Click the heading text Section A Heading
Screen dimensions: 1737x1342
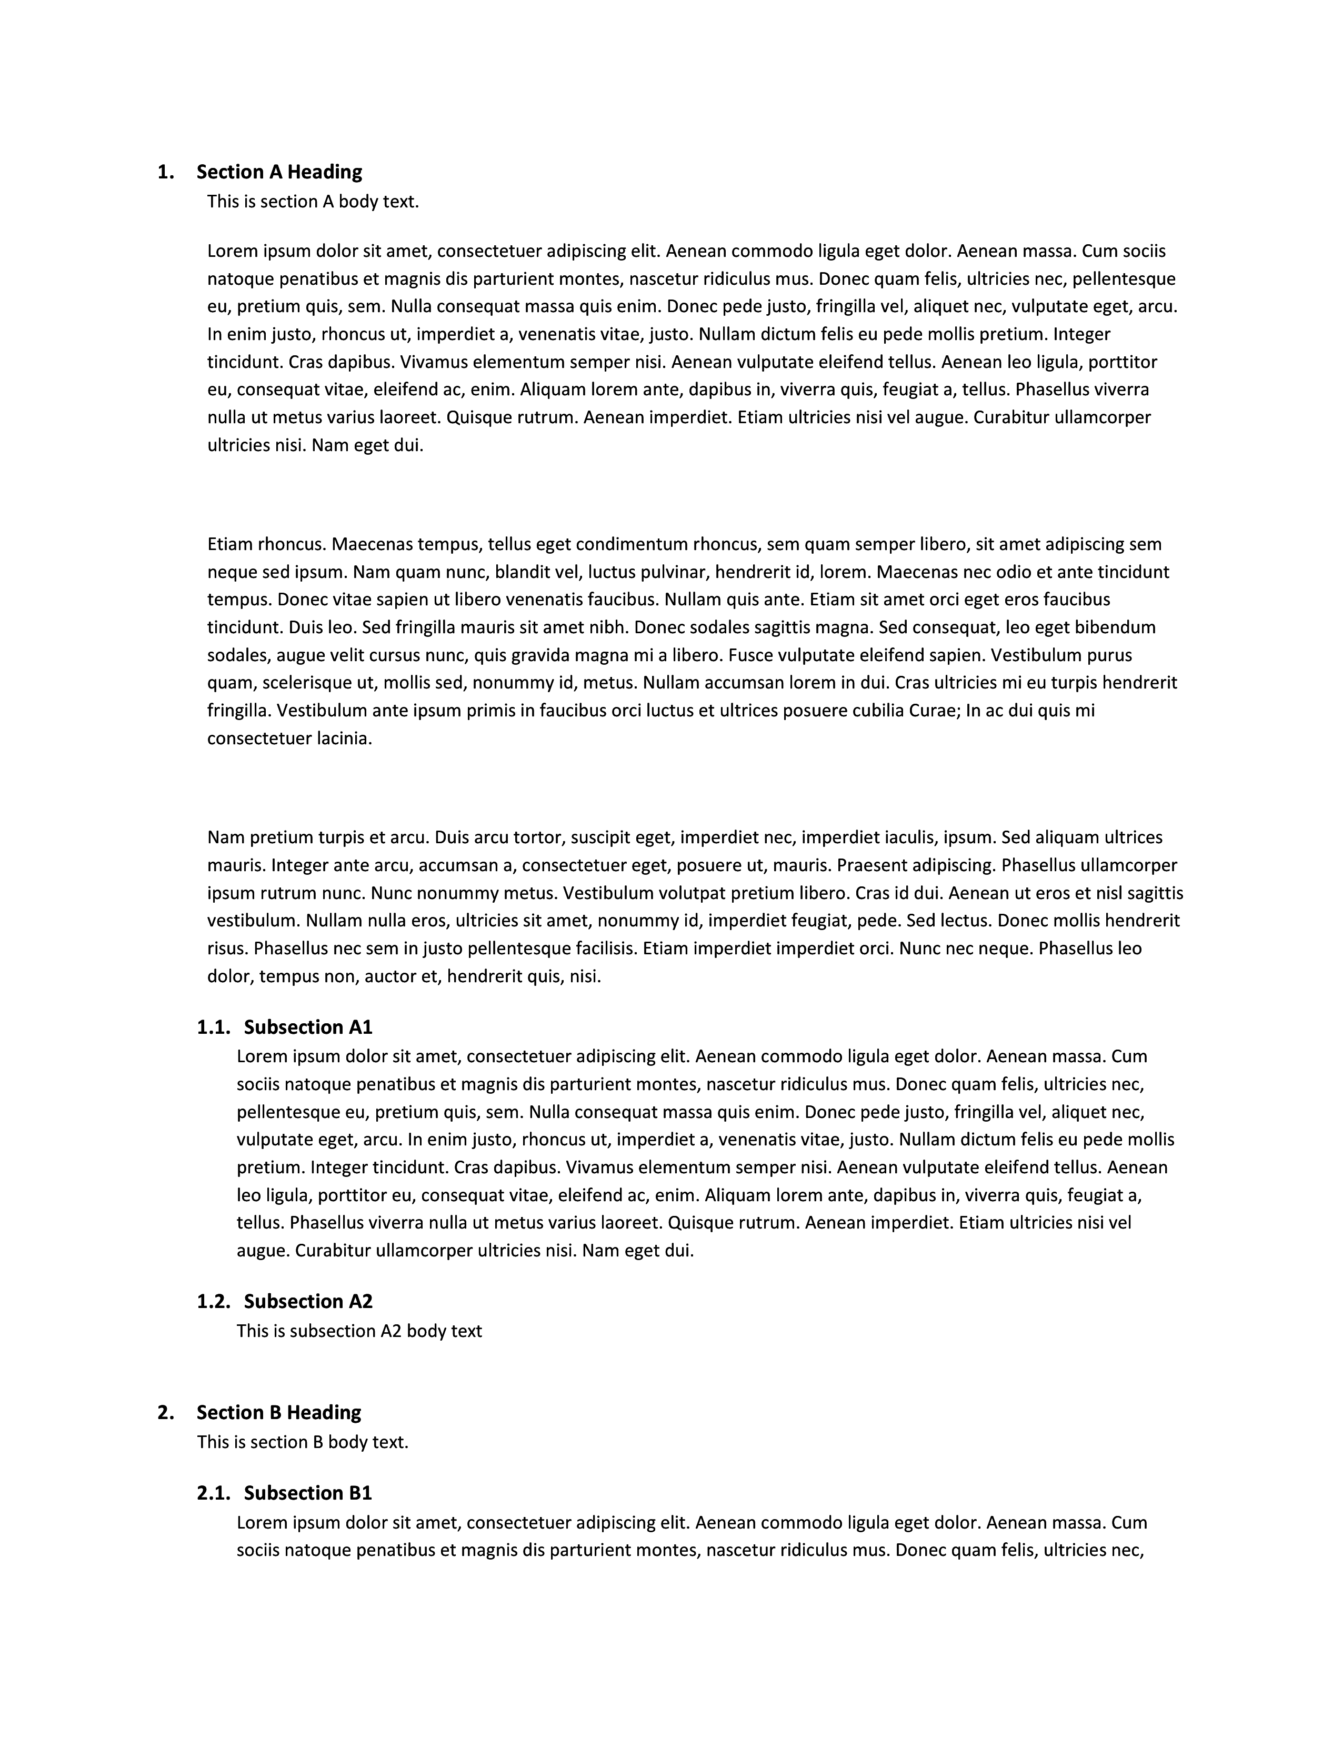tap(279, 172)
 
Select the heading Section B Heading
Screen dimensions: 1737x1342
tap(278, 1413)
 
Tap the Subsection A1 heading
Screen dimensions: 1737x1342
tap(308, 1027)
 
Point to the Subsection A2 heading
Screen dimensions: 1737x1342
tap(308, 1301)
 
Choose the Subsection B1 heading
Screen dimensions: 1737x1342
tap(308, 1493)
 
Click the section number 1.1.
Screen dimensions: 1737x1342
tap(213, 1027)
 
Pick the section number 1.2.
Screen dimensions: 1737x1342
tap(213, 1301)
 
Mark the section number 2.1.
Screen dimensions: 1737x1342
tap(213, 1493)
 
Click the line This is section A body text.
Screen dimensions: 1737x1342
tap(313, 201)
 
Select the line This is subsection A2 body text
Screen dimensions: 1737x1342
tap(359, 1331)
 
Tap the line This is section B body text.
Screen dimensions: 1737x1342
tap(303, 1442)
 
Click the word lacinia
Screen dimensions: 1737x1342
tap(345, 738)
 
